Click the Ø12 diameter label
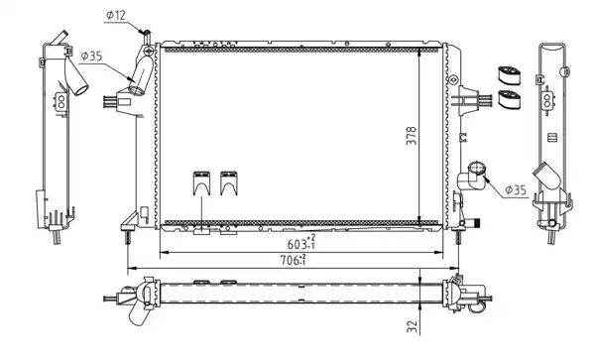116,15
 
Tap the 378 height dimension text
412,136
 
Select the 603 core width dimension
301,243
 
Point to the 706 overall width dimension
294,260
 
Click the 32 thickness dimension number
412,326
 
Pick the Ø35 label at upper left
92,57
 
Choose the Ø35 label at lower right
516,189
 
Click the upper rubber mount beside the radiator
509,75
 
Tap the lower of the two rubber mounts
509,99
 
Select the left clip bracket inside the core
202,183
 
